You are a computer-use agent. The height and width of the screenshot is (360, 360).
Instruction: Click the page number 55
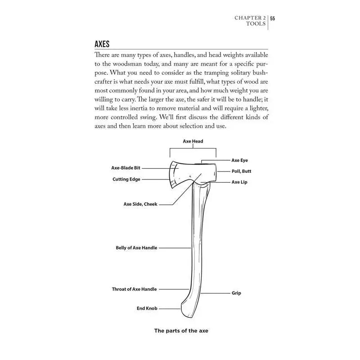click(273, 18)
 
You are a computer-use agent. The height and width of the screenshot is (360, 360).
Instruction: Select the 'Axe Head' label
click(193, 141)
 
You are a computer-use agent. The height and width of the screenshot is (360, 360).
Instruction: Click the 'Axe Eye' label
click(239, 160)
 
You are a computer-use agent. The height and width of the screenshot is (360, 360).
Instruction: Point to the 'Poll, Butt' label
click(241, 171)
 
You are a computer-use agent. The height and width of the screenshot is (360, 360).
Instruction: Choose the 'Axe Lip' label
click(239, 182)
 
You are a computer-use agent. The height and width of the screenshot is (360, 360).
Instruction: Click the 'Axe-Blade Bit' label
click(126, 168)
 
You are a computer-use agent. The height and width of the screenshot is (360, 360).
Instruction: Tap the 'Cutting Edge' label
click(126, 179)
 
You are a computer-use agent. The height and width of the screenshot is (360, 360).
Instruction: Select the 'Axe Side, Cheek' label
click(140, 204)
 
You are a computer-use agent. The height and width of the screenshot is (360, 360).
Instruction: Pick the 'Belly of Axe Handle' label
click(137, 248)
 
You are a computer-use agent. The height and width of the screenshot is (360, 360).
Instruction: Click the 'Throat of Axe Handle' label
click(135, 289)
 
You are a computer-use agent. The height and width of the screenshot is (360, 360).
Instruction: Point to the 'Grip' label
click(236, 293)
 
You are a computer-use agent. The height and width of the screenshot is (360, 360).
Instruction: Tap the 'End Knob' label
click(147, 309)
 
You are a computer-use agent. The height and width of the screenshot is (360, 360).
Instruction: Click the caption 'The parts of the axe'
click(181, 331)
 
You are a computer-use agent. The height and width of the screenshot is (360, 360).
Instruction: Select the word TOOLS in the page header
click(256, 24)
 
